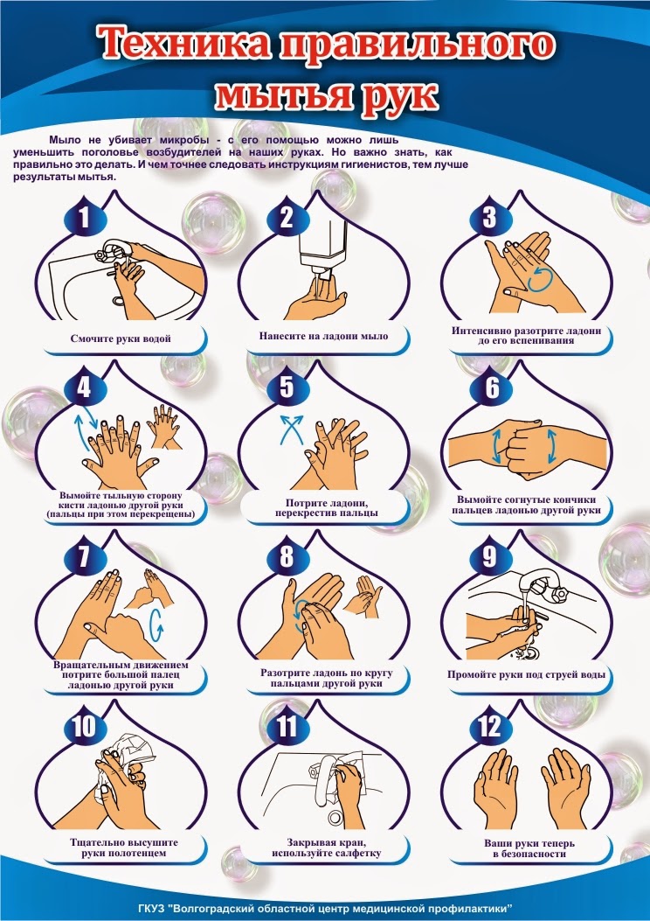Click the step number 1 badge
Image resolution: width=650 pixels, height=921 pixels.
85,217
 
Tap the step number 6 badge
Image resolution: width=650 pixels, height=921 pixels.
492,387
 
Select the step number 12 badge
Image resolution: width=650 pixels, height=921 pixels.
490,727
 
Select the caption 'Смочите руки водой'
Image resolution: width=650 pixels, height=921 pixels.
121,338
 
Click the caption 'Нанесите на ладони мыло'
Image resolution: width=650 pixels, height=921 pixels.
324,336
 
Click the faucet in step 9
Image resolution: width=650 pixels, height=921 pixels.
543,585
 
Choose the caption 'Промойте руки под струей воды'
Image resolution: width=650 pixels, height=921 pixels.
526,674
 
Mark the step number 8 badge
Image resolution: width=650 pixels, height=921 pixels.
287,555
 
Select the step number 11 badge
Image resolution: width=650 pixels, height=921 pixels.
287,727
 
